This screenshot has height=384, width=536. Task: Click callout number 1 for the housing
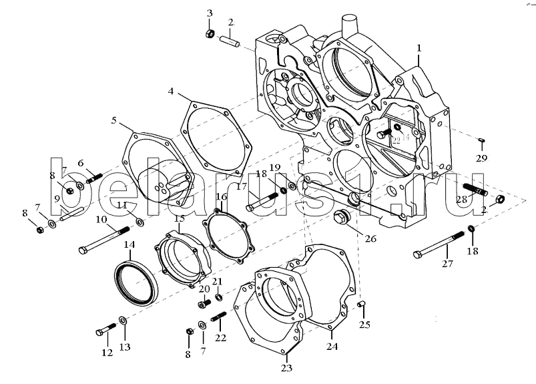[419, 48]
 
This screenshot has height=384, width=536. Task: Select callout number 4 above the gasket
[172, 91]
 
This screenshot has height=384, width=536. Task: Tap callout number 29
[481, 158]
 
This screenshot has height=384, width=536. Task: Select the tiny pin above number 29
[481, 138]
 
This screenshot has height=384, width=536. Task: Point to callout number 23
[287, 367]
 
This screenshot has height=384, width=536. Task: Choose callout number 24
[332, 346]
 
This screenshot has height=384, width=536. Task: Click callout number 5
[114, 121]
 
